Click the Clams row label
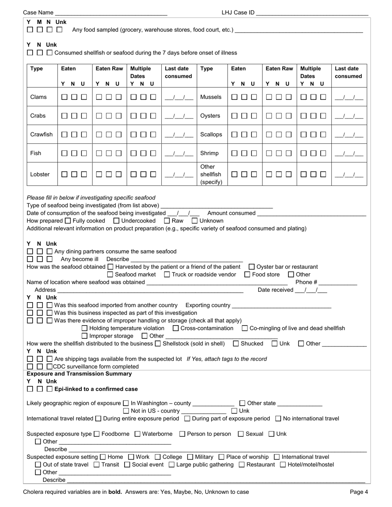pos(38,97)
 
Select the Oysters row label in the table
pos(210,116)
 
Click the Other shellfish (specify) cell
pos(211,174)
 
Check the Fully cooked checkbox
pos(68,221)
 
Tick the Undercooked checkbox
pos(116,221)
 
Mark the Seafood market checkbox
pos(110,275)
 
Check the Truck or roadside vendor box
pos(167,275)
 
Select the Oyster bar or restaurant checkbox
pos(252,267)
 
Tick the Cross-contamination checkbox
pos(176,329)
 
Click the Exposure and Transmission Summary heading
pos(79,374)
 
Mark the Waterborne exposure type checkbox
pos(138,434)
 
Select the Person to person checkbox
pos(182,434)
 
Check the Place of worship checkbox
pos(222,457)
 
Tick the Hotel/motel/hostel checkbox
pos(283,465)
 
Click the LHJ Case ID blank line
pos(312,13)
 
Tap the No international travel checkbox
pos(278,419)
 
